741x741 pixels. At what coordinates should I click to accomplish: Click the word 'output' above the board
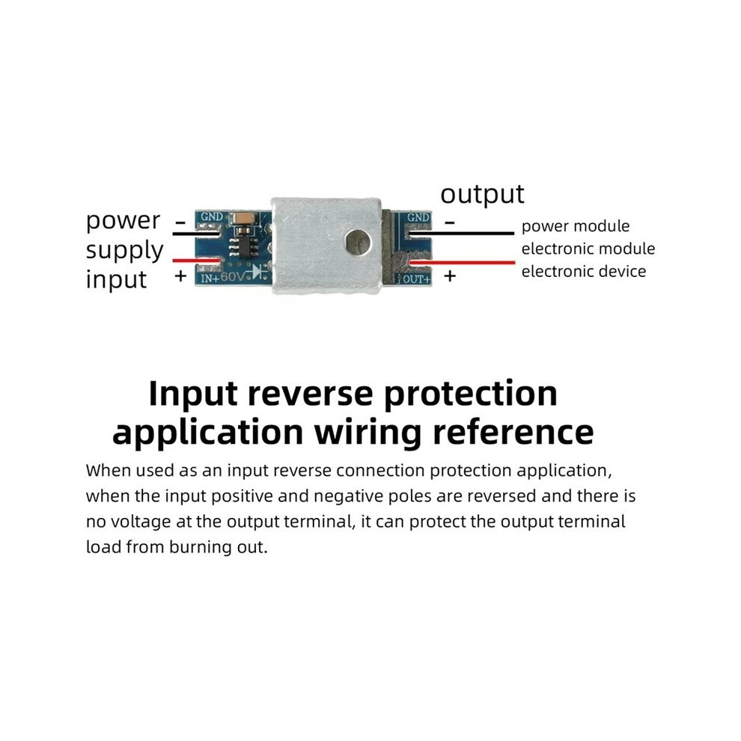pyautogui.click(x=482, y=194)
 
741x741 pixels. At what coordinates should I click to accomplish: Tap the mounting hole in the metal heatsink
pyautogui.click(x=358, y=242)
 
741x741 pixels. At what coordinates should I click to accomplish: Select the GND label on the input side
pyautogui.click(x=211, y=216)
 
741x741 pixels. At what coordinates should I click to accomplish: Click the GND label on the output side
pyautogui.click(x=418, y=217)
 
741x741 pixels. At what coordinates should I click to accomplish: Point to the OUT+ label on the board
pyautogui.click(x=417, y=279)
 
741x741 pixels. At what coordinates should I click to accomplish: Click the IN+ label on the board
pyautogui.click(x=210, y=278)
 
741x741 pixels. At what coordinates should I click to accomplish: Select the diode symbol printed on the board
pyautogui.click(x=258, y=272)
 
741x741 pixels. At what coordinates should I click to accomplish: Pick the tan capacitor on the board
pyautogui.click(x=244, y=218)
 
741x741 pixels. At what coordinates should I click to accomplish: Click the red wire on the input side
pyautogui.click(x=196, y=260)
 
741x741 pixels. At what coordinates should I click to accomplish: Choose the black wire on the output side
pyautogui.click(x=462, y=233)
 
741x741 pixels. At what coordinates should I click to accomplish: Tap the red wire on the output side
pyautogui.click(x=462, y=262)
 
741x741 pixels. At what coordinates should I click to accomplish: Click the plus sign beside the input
pyautogui.click(x=180, y=275)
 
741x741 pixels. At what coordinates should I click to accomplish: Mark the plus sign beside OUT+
pyautogui.click(x=450, y=275)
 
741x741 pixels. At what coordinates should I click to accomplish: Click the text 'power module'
pyautogui.click(x=575, y=226)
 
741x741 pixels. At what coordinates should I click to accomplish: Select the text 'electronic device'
pyautogui.click(x=584, y=271)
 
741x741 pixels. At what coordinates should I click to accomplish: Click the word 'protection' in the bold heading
pyautogui.click(x=470, y=394)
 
